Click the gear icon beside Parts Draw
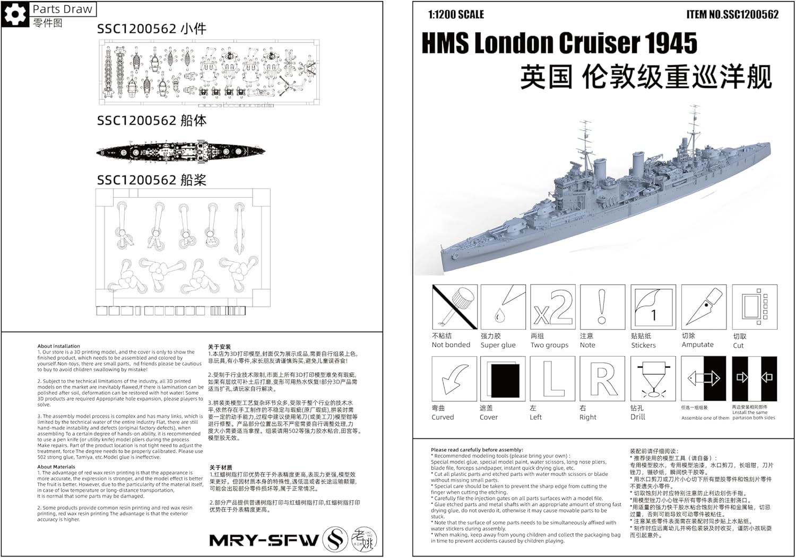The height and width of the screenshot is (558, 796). (15, 14)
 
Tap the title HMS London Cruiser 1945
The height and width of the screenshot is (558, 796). (559, 43)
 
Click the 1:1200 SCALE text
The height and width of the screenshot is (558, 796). (456, 14)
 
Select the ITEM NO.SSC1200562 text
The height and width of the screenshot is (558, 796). (732, 14)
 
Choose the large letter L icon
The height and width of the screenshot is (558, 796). (553, 379)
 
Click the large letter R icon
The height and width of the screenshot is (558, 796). (602, 379)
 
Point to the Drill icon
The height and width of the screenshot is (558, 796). (653, 379)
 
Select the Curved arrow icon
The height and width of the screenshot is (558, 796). (455, 379)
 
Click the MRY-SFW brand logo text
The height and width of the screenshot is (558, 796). (264, 540)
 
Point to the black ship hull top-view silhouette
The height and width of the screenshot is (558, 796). (180, 152)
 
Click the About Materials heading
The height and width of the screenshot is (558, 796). (56, 467)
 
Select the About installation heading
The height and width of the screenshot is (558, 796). (58, 346)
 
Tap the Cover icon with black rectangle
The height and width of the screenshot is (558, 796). (503, 379)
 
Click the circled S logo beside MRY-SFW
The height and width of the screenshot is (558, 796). (335, 539)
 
